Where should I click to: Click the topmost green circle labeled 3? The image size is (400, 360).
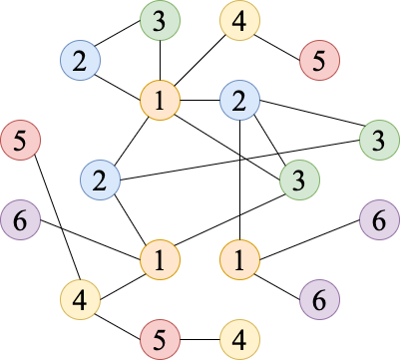[x=160, y=20]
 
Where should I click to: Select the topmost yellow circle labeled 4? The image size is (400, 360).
[x=239, y=20]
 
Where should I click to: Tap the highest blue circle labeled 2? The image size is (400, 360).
[x=80, y=61]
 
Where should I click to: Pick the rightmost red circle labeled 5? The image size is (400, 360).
[x=319, y=61]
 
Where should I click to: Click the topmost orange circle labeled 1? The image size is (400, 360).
[x=160, y=100]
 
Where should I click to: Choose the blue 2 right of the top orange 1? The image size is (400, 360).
[x=239, y=100]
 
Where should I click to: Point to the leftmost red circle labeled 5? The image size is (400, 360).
[x=20, y=140]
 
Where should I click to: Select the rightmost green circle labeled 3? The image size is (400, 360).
[x=379, y=140]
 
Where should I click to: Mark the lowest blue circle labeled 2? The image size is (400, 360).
[x=100, y=180]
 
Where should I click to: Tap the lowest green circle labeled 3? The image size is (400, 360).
[x=299, y=180]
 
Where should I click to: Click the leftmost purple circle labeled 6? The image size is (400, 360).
[x=20, y=219]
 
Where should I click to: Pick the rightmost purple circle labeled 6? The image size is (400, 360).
[x=379, y=219]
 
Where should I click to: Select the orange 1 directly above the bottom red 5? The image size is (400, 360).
[x=160, y=259]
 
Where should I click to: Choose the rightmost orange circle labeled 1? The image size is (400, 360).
[x=239, y=259]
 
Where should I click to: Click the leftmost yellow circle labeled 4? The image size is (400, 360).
[x=80, y=298]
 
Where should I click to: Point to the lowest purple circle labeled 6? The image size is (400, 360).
[x=319, y=298]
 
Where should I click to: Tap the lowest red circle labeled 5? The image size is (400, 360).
[x=160, y=339]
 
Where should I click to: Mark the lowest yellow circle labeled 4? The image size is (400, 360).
[x=239, y=339]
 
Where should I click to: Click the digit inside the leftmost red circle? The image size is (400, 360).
[x=20, y=140]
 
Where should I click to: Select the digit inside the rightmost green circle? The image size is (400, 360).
[x=379, y=140]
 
